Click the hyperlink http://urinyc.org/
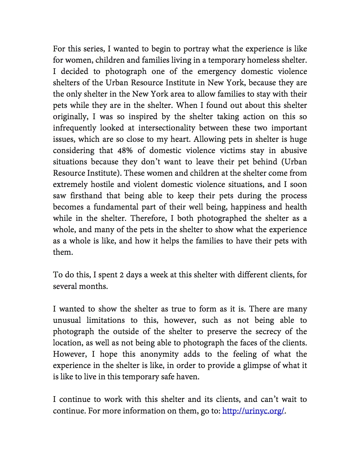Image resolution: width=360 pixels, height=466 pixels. pyautogui.click(x=253, y=411)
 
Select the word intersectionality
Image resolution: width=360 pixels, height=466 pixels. pyautogui.click(x=167, y=128)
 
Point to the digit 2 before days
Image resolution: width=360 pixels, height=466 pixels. pyautogui.click(x=121, y=275)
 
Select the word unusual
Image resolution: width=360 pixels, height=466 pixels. pyautogui.click(x=67, y=320)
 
